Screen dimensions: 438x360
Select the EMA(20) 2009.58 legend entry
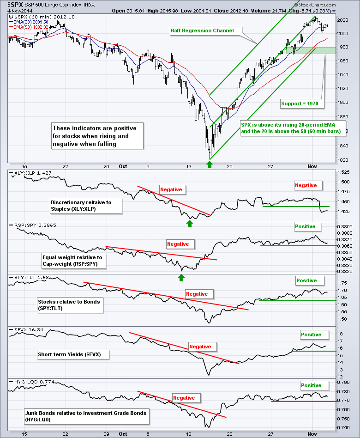point(31,22)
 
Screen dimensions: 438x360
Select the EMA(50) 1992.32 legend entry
point(31,26)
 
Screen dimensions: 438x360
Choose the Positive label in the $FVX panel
point(311,335)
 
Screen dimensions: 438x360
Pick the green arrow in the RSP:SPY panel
point(181,278)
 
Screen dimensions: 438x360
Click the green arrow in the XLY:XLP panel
point(189,224)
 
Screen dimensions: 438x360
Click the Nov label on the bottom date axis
point(312,434)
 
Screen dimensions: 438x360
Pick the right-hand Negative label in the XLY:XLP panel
point(306,185)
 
